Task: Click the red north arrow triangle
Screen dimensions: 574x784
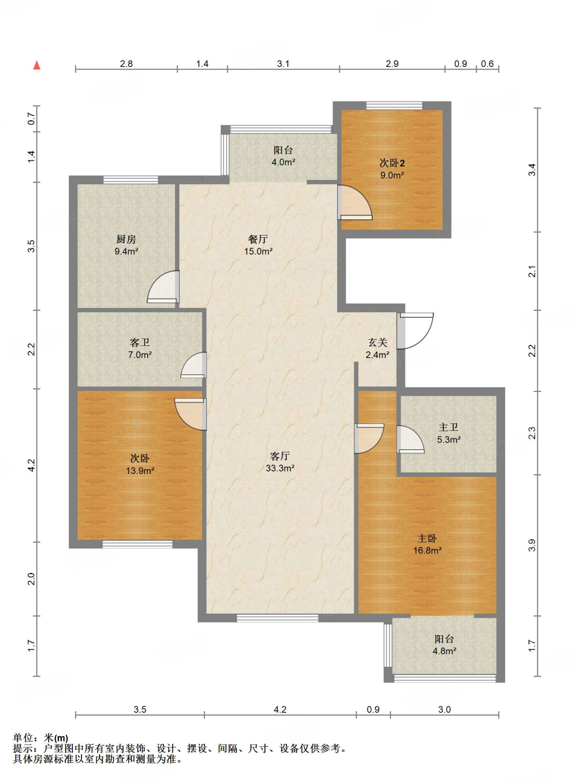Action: pyautogui.click(x=37, y=65)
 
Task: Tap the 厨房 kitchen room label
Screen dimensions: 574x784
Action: pyautogui.click(x=126, y=239)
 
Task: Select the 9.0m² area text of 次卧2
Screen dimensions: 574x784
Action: pyautogui.click(x=392, y=175)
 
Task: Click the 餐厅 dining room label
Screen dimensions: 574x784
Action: pyautogui.click(x=258, y=239)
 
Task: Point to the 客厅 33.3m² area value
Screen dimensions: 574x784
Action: pyautogui.click(x=280, y=468)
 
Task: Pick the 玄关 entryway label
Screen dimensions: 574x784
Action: pyautogui.click(x=378, y=342)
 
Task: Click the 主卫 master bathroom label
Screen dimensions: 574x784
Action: pyautogui.click(x=448, y=427)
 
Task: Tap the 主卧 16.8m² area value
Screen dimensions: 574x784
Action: pyautogui.click(x=427, y=550)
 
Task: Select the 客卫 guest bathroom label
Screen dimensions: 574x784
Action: pyautogui.click(x=139, y=342)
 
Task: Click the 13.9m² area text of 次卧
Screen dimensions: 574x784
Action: pyautogui.click(x=140, y=471)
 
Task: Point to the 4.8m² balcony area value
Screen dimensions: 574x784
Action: pyautogui.click(x=444, y=651)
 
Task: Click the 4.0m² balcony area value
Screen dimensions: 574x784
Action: pyautogui.click(x=283, y=162)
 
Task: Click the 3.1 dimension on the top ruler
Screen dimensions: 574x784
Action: pyautogui.click(x=283, y=64)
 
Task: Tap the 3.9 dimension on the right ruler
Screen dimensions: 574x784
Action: pyautogui.click(x=532, y=545)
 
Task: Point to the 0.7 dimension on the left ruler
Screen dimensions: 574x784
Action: pyautogui.click(x=31, y=119)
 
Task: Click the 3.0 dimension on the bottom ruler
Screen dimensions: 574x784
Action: pyautogui.click(x=444, y=709)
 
